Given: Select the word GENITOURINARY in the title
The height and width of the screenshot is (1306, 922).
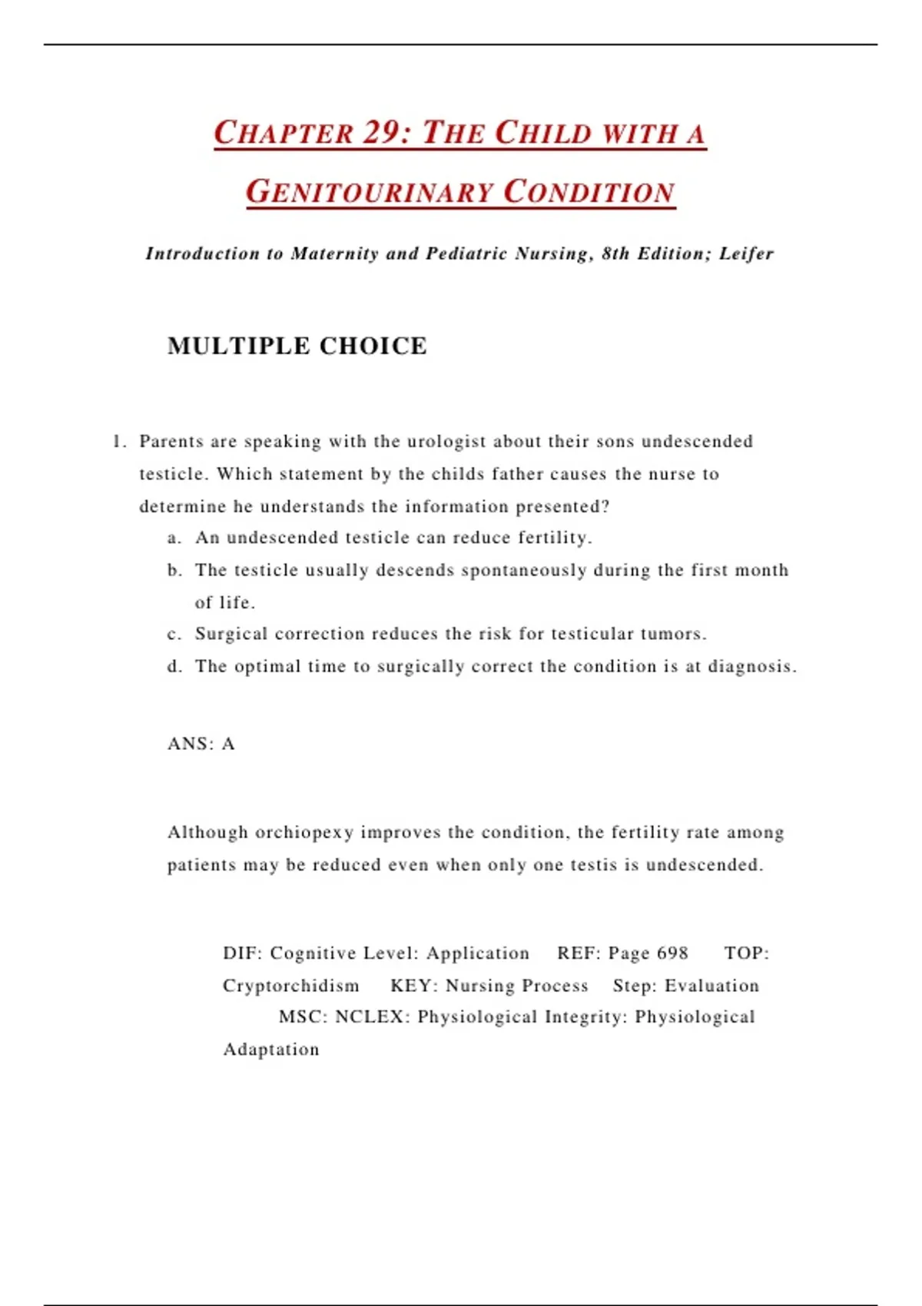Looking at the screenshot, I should pyautogui.click(x=370, y=192).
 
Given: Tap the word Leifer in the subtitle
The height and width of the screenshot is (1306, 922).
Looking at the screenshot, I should pyautogui.click(x=746, y=254).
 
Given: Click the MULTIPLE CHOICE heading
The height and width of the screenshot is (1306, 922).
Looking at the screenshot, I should pyautogui.click(x=297, y=346).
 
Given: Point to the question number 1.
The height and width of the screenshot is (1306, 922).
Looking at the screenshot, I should pyautogui.click(x=118, y=442).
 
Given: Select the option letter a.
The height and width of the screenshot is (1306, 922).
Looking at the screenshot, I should pyautogui.click(x=173, y=538).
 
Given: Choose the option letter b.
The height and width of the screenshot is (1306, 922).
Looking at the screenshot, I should pyautogui.click(x=173, y=570).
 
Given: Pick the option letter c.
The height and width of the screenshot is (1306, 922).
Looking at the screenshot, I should pyautogui.click(x=173, y=634).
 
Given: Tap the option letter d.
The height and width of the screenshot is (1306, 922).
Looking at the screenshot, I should pyautogui.click(x=173, y=666).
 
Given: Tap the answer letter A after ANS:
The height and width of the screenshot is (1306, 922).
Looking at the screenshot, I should pyautogui.click(x=228, y=744).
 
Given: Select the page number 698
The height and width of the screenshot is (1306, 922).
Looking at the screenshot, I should pyautogui.click(x=672, y=953).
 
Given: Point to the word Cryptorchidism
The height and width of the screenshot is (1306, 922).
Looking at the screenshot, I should pyautogui.click(x=291, y=986).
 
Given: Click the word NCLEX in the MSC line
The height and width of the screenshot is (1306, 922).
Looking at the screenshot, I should pyautogui.click(x=371, y=1017).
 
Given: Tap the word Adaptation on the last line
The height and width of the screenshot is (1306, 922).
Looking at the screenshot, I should pyautogui.click(x=271, y=1049).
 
